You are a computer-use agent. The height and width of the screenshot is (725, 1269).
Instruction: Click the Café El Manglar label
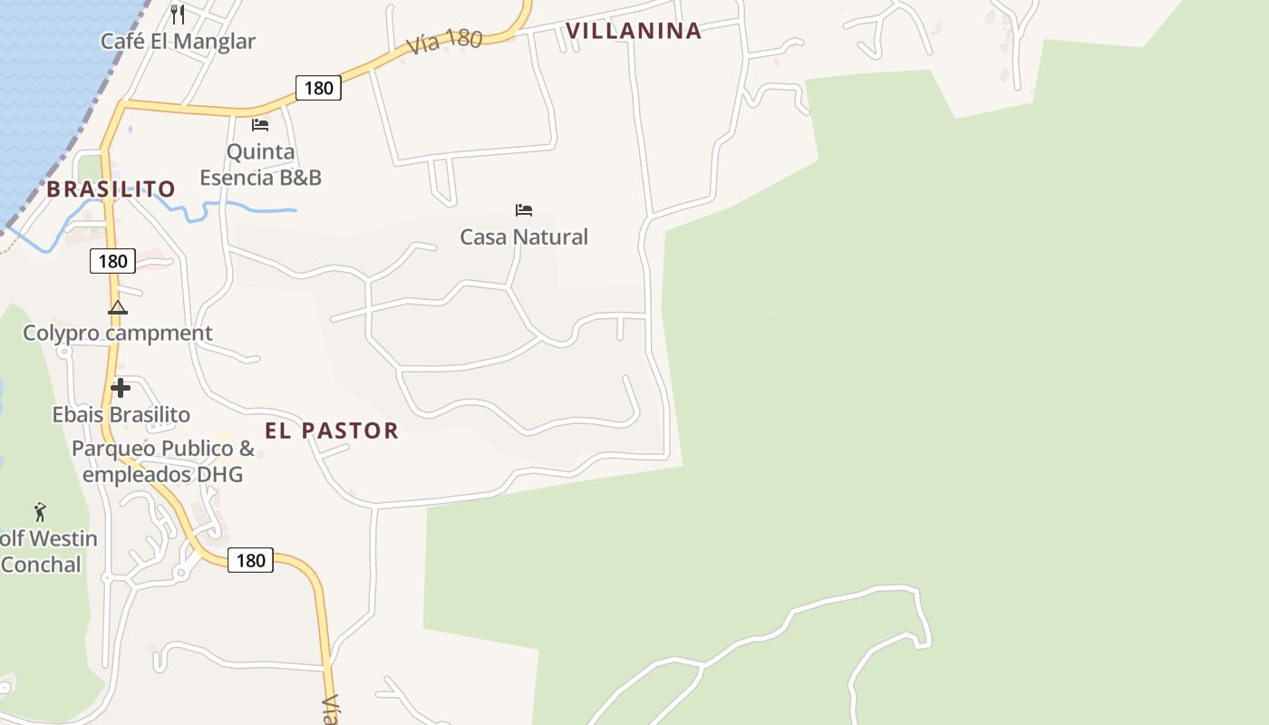(178, 41)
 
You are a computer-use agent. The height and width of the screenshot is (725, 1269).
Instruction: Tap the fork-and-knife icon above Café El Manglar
(178, 14)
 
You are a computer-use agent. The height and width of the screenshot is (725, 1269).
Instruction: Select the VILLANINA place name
(634, 31)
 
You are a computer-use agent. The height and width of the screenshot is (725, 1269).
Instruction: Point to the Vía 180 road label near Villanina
(443, 42)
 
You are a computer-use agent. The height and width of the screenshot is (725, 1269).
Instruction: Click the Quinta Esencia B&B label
(260, 164)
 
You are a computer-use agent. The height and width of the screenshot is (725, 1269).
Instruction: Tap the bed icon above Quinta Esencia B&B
(260, 125)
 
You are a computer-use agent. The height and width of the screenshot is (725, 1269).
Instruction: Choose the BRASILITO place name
(111, 189)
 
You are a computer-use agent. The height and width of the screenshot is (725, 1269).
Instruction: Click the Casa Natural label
(524, 237)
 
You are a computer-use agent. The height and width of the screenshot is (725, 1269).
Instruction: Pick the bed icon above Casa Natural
(524, 210)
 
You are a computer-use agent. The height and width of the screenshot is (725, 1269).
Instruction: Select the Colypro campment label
(118, 333)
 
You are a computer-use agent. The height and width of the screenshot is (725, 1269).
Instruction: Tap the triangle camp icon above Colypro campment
(118, 308)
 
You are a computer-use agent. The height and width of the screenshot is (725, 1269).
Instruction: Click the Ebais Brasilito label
(121, 415)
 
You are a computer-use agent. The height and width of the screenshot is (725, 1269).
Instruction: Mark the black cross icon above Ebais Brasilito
(121, 389)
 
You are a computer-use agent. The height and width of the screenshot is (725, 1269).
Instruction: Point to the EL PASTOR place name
(332, 430)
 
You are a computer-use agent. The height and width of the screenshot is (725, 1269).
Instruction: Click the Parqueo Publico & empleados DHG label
(163, 461)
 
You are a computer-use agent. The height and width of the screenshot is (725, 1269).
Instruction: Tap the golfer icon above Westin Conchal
(40, 512)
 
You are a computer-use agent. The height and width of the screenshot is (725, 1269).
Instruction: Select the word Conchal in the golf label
(41, 565)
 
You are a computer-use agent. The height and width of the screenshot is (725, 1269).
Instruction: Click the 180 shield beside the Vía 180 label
(318, 88)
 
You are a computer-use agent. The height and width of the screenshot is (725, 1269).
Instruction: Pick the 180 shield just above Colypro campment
(112, 262)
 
